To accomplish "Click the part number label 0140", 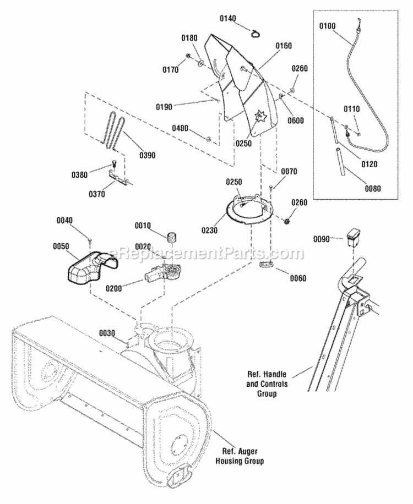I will click(x=228, y=18).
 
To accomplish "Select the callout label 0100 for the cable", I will click(x=327, y=26).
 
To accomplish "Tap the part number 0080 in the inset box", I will click(x=373, y=188).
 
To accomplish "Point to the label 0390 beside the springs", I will click(x=148, y=155).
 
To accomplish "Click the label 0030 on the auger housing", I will click(x=107, y=333).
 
